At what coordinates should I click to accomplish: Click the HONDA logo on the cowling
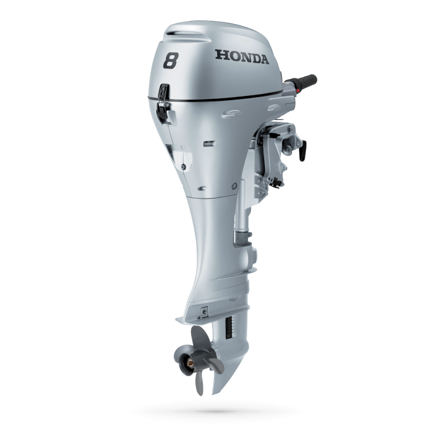click(242, 57)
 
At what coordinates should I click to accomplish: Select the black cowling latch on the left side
click(163, 103)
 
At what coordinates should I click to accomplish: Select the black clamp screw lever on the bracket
click(302, 150)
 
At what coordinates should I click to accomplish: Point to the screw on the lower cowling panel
click(184, 167)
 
